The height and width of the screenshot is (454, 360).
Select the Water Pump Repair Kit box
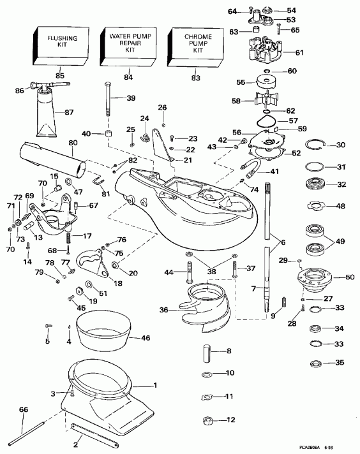point(129,45)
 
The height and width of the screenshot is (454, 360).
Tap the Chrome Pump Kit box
point(197,45)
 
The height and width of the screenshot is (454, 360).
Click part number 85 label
point(60,76)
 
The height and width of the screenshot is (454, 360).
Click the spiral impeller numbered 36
point(213,300)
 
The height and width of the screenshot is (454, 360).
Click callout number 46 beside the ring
point(146,338)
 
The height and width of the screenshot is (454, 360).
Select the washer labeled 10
point(208,373)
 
